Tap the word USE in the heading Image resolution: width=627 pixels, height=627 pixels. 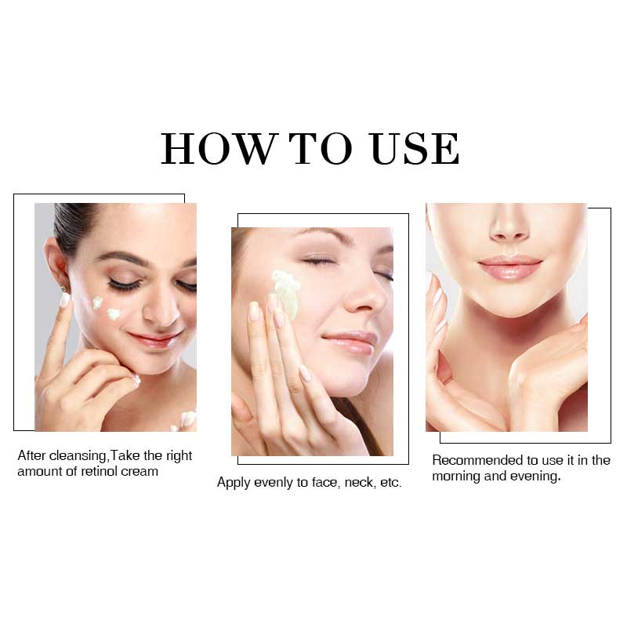click(x=415, y=148)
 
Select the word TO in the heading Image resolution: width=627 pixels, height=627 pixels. click(x=321, y=148)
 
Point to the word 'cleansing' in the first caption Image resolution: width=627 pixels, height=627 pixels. click(x=78, y=456)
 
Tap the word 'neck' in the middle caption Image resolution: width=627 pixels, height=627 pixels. click(x=359, y=482)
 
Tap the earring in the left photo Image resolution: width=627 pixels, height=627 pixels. click(x=63, y=288)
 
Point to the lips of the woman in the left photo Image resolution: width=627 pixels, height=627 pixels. click(x=154, y=339)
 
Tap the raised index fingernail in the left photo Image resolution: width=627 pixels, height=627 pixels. click(x=65, y=300)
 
